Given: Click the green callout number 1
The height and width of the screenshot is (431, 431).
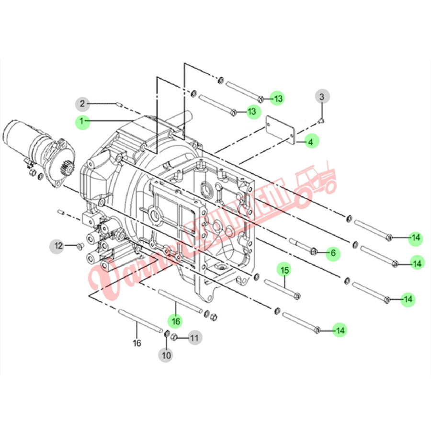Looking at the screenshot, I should pos(82,122).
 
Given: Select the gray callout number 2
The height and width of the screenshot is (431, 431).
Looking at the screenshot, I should pos(82,103).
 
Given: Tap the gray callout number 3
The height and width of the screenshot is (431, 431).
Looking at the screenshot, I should pos(322,97).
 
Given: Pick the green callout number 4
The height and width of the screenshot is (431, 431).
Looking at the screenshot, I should pos(310,142).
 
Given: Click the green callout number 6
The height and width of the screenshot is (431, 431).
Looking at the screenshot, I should pos(333,252).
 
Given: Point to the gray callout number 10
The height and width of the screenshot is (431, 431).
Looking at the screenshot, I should pos(166,355).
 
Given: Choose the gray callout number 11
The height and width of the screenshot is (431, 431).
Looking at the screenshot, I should pos(193,338).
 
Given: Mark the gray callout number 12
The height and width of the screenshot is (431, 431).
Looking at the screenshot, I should pos(58,246).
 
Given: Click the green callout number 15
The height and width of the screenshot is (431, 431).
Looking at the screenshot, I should pos(284,270).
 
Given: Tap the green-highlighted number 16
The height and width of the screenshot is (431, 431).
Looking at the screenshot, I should pos(176,320).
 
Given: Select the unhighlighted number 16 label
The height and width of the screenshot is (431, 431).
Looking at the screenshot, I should pos(137,343).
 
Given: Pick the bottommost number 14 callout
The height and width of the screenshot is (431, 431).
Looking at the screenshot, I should pos(340,330).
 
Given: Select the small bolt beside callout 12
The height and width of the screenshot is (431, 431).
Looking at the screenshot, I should pos(79,246).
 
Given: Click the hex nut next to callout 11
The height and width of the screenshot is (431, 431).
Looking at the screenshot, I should pos(175,337).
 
